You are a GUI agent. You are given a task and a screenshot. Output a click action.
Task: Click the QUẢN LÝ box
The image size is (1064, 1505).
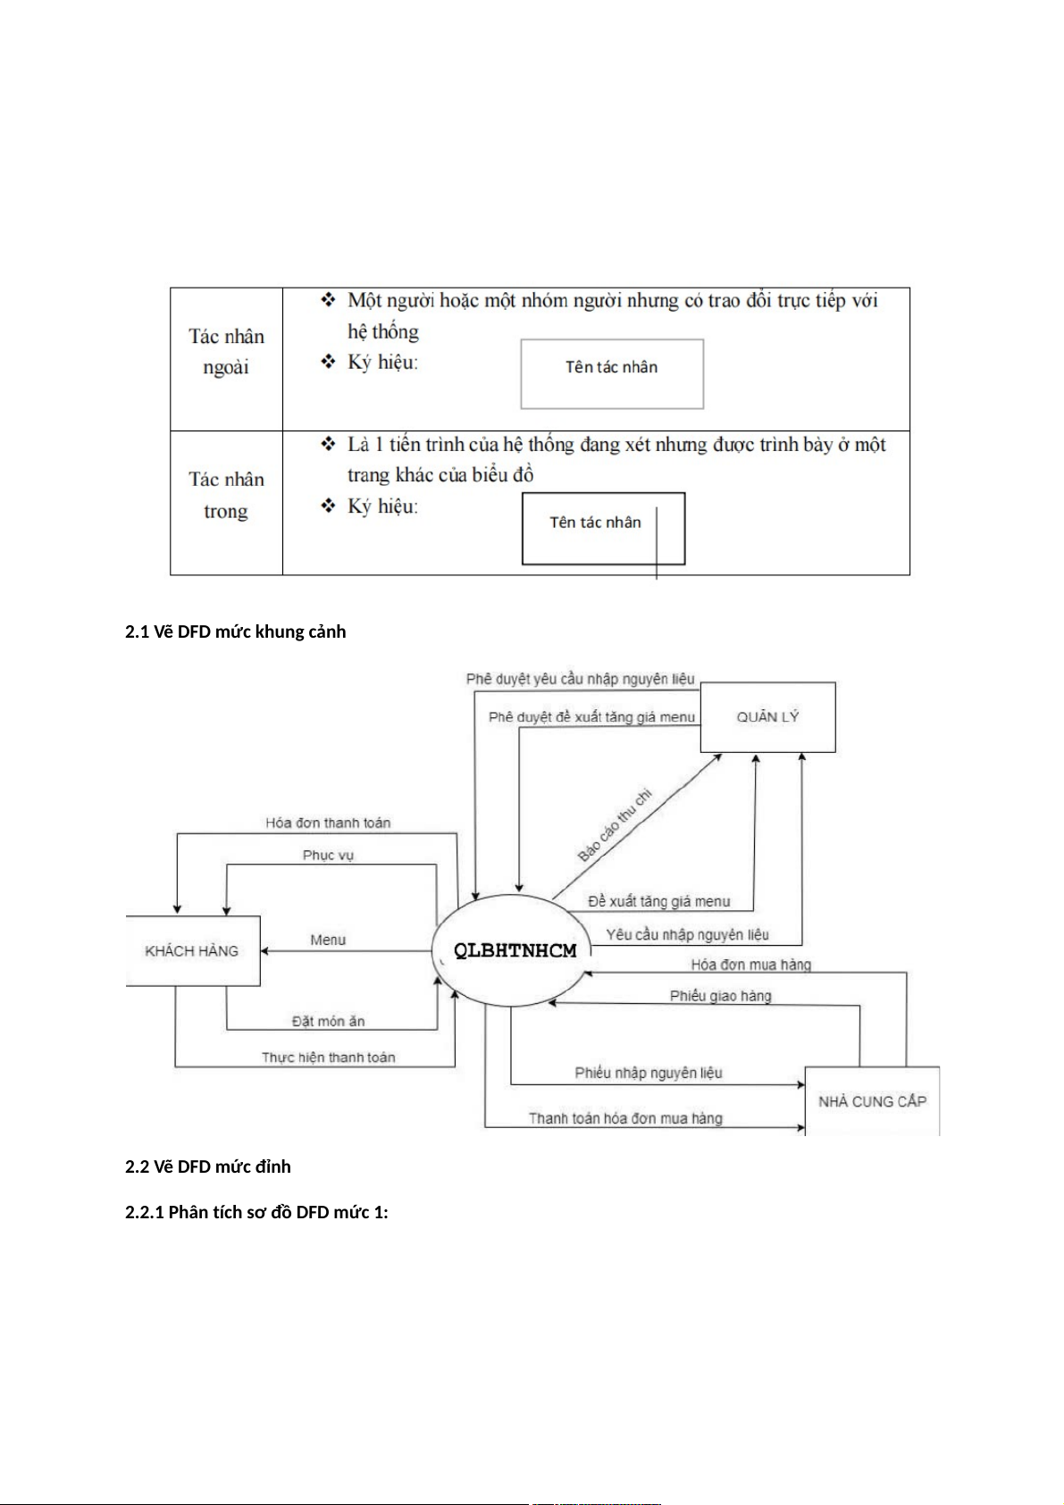click(767, 717)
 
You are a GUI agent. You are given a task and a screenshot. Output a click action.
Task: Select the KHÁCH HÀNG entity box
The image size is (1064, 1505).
click(192, 951)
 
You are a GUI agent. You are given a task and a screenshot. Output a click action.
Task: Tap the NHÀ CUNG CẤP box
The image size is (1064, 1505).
click(872, 1101)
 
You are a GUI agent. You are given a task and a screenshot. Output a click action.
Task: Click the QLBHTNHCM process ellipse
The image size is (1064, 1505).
click(515, 951)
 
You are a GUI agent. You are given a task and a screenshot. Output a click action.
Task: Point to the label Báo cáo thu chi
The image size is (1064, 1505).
click(615, 824)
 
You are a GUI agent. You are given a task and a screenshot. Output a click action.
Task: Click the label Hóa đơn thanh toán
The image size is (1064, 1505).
click(328, 823)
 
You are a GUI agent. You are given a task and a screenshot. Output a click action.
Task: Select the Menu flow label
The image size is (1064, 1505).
click(328, 940)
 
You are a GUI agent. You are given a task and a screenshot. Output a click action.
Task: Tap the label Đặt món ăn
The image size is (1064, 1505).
click(328, 1021)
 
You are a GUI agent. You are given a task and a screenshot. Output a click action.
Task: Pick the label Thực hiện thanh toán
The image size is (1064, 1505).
click(328, 1058)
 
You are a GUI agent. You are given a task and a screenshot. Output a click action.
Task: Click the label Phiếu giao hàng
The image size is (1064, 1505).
click(720, 996)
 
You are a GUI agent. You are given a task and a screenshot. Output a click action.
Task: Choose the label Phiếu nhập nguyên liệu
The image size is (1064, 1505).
click(648, 1073)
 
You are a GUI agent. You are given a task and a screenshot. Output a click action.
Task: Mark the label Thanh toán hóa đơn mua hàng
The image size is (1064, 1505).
click(625, 1118)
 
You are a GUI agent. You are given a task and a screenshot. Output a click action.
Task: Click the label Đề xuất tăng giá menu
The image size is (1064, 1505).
click(658, 902)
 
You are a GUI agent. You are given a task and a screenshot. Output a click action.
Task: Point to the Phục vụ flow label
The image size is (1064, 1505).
click(328, 855)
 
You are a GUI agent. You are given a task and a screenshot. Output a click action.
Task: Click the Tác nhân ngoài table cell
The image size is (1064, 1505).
click(226, 352)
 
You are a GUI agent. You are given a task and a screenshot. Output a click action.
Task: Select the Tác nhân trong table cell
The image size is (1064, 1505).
click(226, 496)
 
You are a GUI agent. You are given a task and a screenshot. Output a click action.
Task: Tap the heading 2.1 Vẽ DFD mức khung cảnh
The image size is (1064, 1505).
click(235, 631)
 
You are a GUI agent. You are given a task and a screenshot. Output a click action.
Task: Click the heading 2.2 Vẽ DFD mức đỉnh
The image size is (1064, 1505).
click(208, 1166)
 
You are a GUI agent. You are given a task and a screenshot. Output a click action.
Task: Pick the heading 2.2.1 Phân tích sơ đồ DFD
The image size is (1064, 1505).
click(256, 1212)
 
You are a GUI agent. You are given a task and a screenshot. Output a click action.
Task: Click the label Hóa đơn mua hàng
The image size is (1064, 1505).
click(750, 965)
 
